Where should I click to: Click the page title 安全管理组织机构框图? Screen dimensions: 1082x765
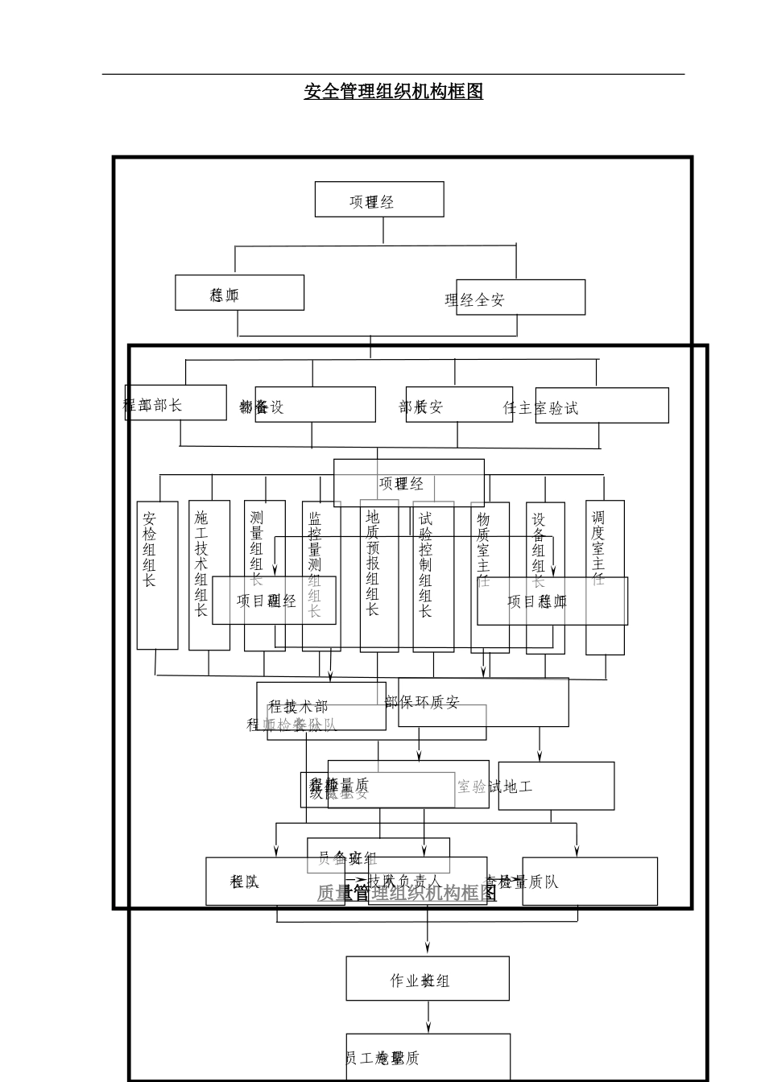point(393,91)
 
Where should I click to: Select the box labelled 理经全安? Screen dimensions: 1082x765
point(520,298)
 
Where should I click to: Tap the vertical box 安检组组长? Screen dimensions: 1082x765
point(157,575)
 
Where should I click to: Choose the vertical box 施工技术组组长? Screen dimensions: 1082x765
point(209,575)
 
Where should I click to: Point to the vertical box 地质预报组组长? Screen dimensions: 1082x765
point(378,575)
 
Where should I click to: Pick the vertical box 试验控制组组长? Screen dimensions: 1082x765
point(432,575)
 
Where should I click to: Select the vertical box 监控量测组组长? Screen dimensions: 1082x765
point(320,575)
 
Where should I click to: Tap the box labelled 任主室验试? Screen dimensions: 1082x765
point(602,406)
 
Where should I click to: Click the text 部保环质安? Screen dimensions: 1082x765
point(422,703)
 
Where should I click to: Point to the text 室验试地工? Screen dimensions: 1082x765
point(494,787)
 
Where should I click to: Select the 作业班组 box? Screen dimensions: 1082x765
point(427,978)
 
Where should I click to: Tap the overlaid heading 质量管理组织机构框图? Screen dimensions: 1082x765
point(407,893)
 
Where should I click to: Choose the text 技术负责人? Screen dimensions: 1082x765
point(405,881)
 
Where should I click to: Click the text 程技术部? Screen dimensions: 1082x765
point(299,707)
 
